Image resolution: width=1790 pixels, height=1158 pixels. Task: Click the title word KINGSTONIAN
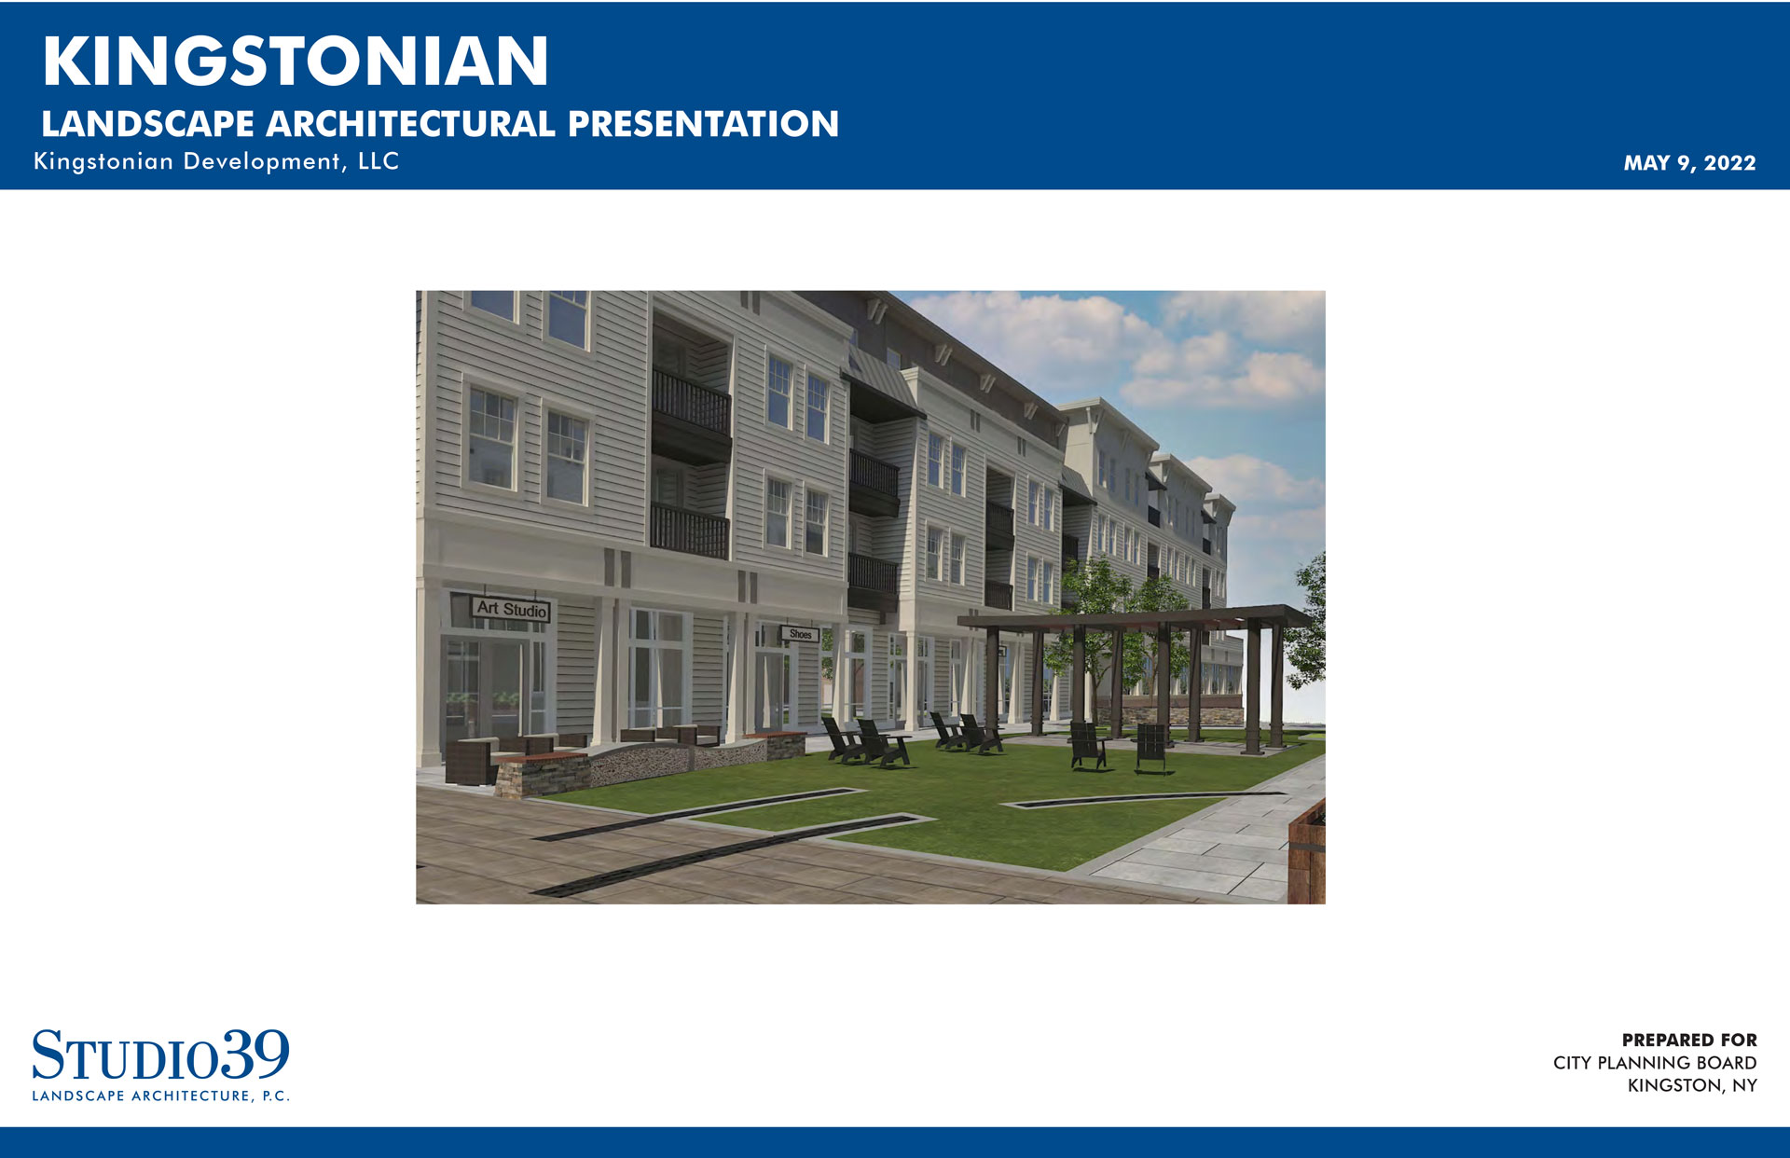point(296,61)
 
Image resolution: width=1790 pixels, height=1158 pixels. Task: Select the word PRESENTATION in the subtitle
point(703,124)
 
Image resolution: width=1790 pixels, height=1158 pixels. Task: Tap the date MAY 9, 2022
point(1689,163)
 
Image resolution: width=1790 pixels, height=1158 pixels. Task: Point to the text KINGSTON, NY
point(1692,1085)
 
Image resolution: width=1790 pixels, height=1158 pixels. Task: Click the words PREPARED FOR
point(1689,1040)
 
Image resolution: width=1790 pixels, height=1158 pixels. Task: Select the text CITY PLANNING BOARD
point(1655,1063)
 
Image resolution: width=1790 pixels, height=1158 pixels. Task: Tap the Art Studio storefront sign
point(511,609)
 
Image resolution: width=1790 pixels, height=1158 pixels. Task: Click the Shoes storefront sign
point(800,634)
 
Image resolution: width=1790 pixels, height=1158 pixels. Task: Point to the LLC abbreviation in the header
point(379,161)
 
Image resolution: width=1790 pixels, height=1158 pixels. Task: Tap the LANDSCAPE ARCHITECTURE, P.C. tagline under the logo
point(160,1096)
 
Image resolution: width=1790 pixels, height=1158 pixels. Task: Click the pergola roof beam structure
point(1134,616)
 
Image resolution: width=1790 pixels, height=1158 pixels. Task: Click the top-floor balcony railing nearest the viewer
point(691,402)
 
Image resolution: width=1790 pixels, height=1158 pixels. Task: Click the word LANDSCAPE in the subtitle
point(147,124)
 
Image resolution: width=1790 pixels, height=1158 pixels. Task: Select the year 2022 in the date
point(1730,163)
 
